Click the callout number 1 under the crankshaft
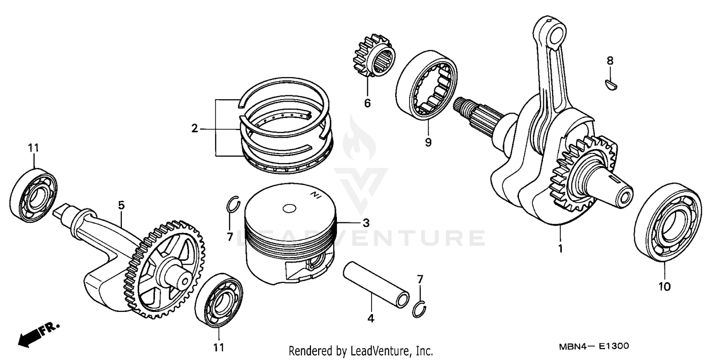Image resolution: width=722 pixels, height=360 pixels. click(x=560, y=249)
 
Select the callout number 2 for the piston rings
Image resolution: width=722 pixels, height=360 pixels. click(x=194, y=129)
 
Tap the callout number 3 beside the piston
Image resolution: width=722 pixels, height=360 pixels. click(x=366, y=223)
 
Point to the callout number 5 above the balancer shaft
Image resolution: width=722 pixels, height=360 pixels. click(x=121, y=206)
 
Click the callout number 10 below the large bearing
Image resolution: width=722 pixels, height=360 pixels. click(x=664, y=287)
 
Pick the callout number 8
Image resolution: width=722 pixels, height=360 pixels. click(x=610, y=61)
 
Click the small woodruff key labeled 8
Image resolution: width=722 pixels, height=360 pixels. click(x=611, y=84)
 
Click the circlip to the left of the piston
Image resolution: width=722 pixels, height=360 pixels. click(x=233, y=205)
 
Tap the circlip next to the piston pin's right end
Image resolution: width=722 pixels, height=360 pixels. click(x=419, y=309)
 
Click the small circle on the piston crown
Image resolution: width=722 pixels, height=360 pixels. click(x=289, y=209)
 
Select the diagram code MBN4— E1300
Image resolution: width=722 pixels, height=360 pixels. click(x=593, y=347)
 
